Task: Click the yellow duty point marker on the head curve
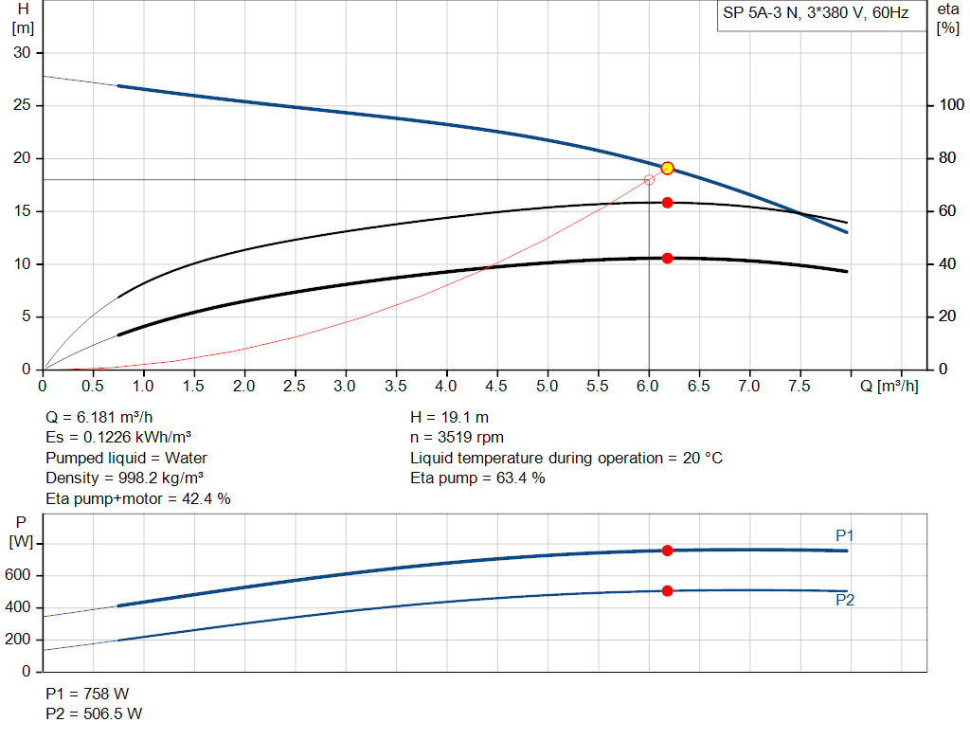667,168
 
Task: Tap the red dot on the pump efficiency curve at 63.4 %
667,203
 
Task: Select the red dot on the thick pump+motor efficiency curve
667,258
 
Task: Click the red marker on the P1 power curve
667,550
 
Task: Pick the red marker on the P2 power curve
667,590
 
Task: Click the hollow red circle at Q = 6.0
649,180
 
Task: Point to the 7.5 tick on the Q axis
799,386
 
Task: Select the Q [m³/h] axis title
889,386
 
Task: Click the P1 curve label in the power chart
845,535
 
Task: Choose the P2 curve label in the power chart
845,600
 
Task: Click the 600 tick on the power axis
21,575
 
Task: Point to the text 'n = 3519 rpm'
457,437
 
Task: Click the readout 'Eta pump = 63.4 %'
477,478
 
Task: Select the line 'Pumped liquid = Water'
126,458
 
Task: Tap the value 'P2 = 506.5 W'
94,713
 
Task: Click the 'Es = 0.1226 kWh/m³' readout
125,437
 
